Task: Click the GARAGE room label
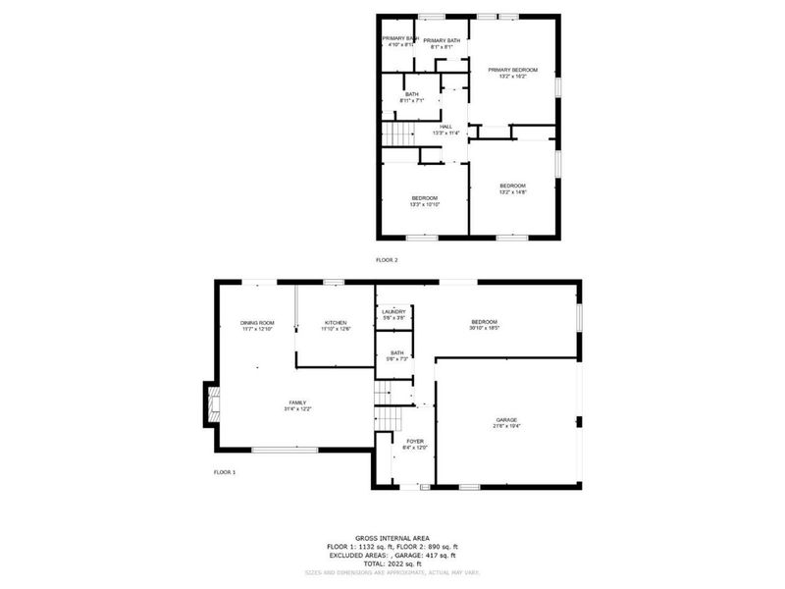point(506,420)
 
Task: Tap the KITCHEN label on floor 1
point(336,323)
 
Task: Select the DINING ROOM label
point(257,323)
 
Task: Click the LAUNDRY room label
point(392,313)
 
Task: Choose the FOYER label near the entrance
point(414,443)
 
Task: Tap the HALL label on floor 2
point(445,128)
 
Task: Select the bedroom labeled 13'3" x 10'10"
point(425,200)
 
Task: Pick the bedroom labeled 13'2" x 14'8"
point(513,187)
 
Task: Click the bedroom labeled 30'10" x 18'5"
point(485,323)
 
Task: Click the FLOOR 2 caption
point(387,260)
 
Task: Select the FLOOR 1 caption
point(225,472)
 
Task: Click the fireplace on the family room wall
point(211,403)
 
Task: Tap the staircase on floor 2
point(394,134)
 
